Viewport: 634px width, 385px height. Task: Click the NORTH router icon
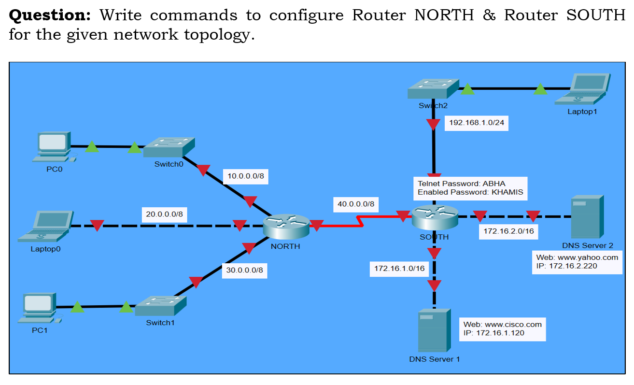pyautogui.click(x=286, y=226)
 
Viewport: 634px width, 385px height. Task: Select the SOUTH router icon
pyautogui.click(x=435, y=218)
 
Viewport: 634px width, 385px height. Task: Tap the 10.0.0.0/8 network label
pyautogui.click(x=246, y=176)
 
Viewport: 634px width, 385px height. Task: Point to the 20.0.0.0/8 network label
pyautogui.click(x=164, y=214)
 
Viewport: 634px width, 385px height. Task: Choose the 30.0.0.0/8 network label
pyautogui.click(x=244, y=270)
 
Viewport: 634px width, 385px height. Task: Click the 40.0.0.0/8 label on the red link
pyautogui.click(x=355, y=204)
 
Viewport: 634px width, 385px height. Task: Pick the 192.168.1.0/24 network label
pyautogui.click(x=476, y=123)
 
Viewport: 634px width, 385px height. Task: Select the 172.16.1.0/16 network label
pyautogui.click(x=399, y=269)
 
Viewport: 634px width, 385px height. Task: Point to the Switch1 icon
pyautogui.click(x=160, y=306)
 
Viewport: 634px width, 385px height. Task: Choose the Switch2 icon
pyautogui.click(x=433, y=89)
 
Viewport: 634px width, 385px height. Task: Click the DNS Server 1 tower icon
pyautogui.click(x=434, y=330)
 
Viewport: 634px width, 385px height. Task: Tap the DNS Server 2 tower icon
pyautogui.click(x=587, y=216)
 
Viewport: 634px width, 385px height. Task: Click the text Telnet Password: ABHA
pyautogui.click(x=461, y=184)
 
